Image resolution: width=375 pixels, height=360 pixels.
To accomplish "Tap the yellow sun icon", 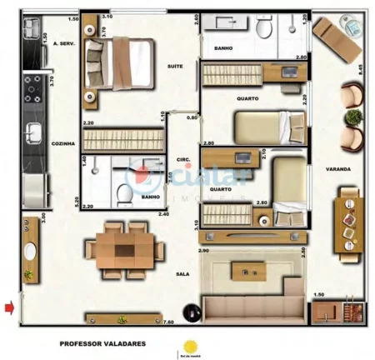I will click(191, 345).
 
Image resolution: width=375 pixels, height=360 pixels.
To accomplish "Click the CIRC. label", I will click(185, 159).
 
